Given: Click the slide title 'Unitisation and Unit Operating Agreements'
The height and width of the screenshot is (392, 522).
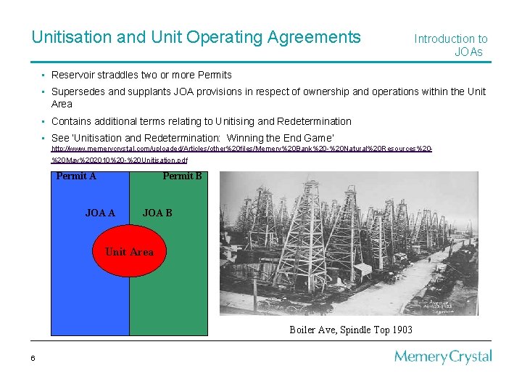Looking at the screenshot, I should pos(196,37).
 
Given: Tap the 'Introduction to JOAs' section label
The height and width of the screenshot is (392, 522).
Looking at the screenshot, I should pos(451,45).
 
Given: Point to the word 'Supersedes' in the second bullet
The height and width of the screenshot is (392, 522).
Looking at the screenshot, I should pos(79,92).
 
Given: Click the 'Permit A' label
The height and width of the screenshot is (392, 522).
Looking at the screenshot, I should pos(76,176).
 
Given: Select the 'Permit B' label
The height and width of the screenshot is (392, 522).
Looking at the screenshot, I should pos(182,176).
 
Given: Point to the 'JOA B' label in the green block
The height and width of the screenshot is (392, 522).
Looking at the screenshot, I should pos(157,213).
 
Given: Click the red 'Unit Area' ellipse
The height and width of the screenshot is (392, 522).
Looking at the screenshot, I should pos(129,251).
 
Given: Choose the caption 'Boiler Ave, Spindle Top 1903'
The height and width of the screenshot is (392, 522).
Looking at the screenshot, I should pos(351,330).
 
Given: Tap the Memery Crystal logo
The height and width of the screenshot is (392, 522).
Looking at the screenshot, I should pos(443,357).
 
